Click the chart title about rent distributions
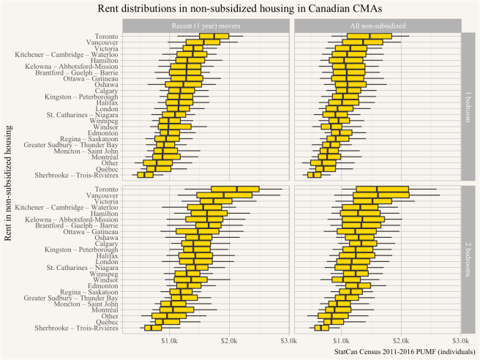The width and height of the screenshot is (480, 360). click(x=240, y=8)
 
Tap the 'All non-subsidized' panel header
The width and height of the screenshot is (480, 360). click(x=376, y=26)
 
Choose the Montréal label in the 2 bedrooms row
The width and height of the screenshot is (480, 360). click(x=103, y=310)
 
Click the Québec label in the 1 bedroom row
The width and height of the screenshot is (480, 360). click(x=105, y=168)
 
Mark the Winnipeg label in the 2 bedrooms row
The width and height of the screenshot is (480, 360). click(x=103, y=274)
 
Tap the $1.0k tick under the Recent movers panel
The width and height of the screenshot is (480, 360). click(x=170, y=341)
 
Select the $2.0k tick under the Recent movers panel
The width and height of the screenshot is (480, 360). click(x=229, y=341)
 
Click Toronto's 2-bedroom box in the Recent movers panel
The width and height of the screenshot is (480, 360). click(x=235, y=190)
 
